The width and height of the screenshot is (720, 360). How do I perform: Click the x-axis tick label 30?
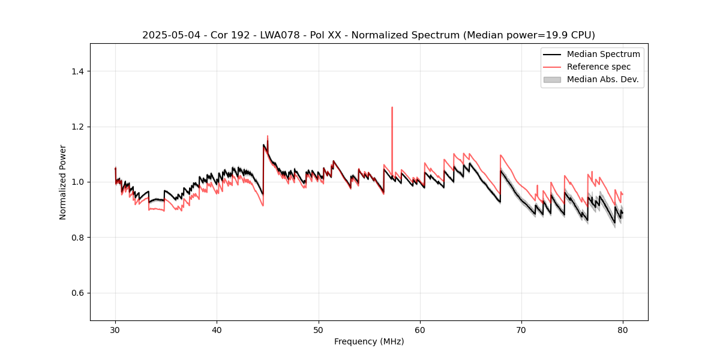(x=115, y=329)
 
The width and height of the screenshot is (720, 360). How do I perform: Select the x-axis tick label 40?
(x=217, y=329)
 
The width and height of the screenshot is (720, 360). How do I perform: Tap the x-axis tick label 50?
(x=318, y=329)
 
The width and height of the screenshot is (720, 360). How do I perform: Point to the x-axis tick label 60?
(x=420, y=329)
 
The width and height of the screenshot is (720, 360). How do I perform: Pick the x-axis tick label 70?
(x=521, y=329)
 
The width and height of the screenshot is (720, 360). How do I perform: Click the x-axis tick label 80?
(x=623, y=329)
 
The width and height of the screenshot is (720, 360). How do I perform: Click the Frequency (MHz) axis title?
(x=369, y=341)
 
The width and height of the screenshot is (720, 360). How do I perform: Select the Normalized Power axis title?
(x=63, y=182)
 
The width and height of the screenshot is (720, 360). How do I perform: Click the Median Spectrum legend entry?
(x=603, y=54)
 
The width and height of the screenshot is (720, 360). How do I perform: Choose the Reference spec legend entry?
(x=599, y=67)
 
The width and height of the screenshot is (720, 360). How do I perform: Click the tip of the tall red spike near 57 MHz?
(x=392, y=107)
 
